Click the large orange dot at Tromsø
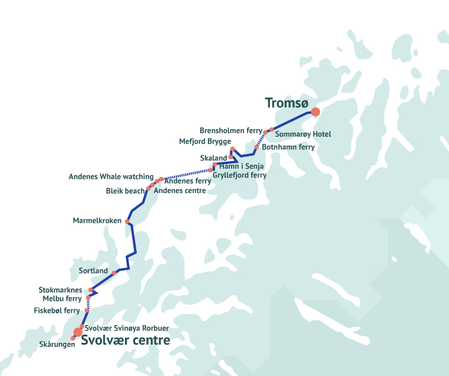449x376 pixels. click(x=316, y=111)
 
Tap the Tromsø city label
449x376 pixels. click(x=287, y=103)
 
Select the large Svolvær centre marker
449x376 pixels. click(x=78, y=332)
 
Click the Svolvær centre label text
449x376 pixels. click(x=126, y=340)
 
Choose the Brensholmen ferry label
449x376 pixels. click(x=231, y=130)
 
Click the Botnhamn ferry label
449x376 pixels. click(x=288, y=147)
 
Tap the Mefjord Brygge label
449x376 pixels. click(x=205, y=142)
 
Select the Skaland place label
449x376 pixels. click(x=213, y=158)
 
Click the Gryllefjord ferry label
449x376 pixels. click(x=239, y=175)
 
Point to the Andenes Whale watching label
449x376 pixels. click(x=111, y=177)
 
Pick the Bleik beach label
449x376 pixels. click(x=125, y=191)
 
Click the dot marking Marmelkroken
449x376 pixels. click(x=127, y=221)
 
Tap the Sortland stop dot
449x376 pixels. click(x=114, y=273)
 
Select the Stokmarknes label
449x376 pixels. click(x=60, y=290)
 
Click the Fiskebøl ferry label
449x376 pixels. click(x=57, y=310)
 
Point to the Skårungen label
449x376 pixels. click(x=57, y=345)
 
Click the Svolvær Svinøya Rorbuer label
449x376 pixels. click(x=127, y=328)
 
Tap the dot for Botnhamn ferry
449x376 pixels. click(x=256, y=147)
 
